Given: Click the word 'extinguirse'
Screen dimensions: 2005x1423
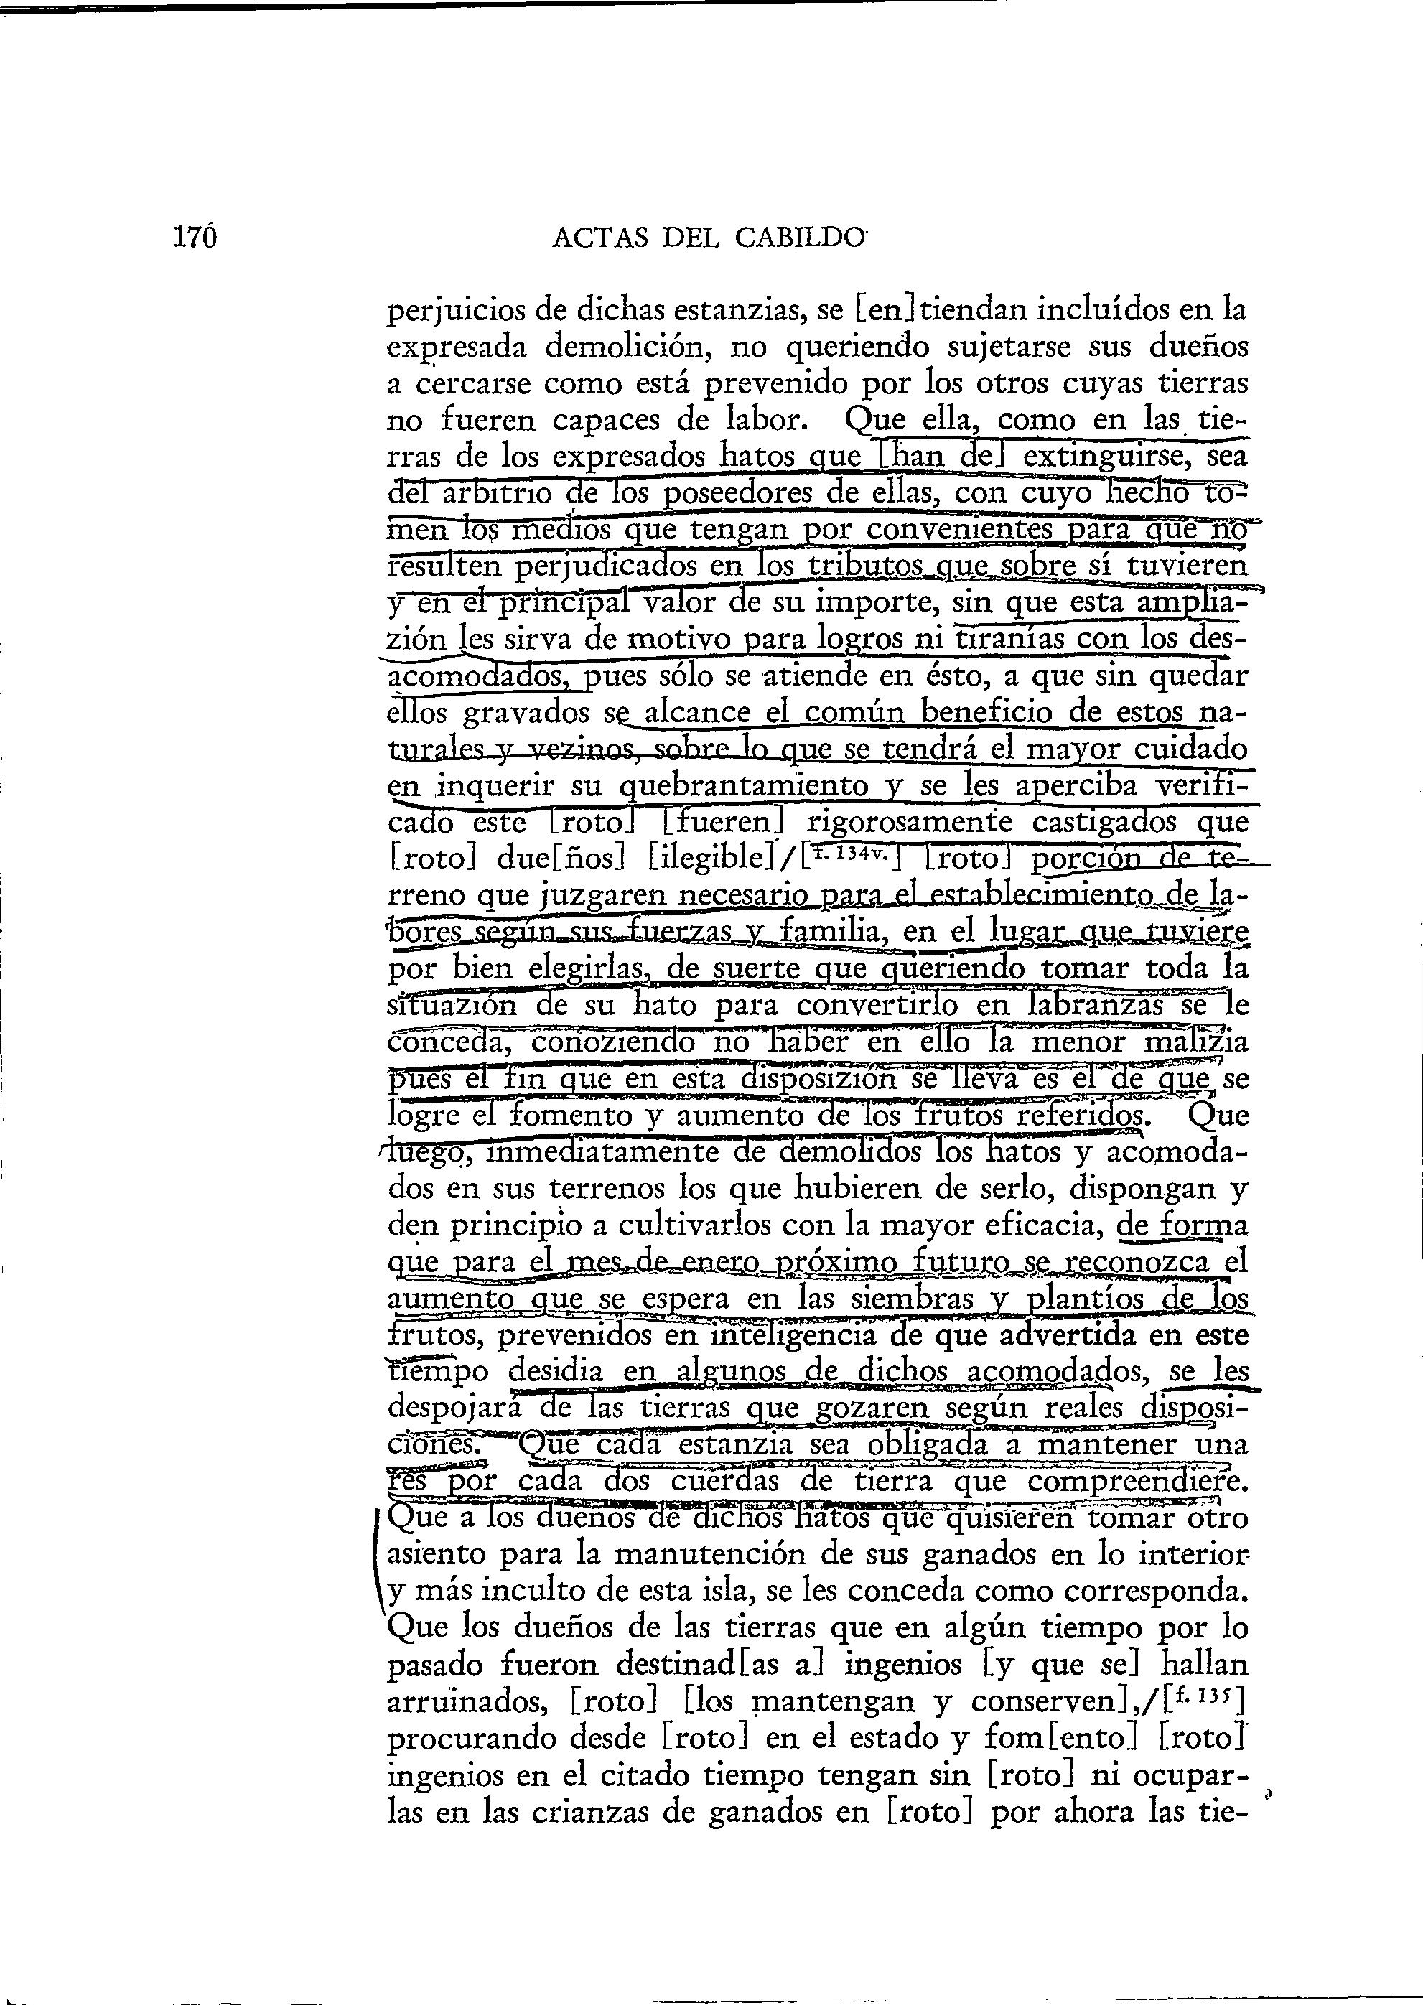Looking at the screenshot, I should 1106,457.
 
